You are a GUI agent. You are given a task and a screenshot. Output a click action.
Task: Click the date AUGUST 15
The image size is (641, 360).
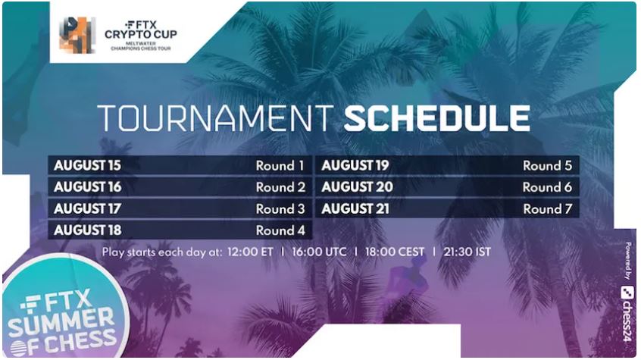tap(87, 166)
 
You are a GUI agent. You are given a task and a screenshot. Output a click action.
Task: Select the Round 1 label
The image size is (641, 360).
tap(280, 166)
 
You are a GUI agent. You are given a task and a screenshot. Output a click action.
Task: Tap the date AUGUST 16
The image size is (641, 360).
tap(87, 187)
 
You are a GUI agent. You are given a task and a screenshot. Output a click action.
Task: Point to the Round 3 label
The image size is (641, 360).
tap(280, 208)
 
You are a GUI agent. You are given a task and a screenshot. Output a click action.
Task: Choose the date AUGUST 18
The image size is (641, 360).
tap(87, 230)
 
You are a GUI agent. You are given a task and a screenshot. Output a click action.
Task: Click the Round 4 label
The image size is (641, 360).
tap(280, 230)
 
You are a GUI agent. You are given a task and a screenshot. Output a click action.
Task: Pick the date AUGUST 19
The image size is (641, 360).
tap(355, 166)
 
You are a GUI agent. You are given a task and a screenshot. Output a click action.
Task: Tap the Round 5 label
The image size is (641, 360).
tap(547, 166)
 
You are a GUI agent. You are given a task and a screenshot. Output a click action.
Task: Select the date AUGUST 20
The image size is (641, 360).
tap(358, 187)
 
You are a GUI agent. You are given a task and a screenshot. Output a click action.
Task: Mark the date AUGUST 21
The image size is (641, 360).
tap(355, 208)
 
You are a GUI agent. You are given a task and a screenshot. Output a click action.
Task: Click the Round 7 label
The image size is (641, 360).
tap(547, 208)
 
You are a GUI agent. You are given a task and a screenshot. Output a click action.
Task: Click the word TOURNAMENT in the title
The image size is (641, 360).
tap(216, 118)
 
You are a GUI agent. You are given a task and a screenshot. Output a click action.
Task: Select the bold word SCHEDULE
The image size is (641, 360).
tap(437, 118)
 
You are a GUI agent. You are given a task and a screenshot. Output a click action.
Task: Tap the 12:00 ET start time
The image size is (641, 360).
tap(250, 252)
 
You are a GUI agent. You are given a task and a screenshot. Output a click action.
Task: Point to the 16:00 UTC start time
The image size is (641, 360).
tap(319, 252)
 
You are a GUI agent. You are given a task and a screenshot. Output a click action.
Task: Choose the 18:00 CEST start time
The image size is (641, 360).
tap(395, 252)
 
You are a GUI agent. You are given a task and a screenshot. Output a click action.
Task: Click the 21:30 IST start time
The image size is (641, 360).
tap(467, 252)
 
